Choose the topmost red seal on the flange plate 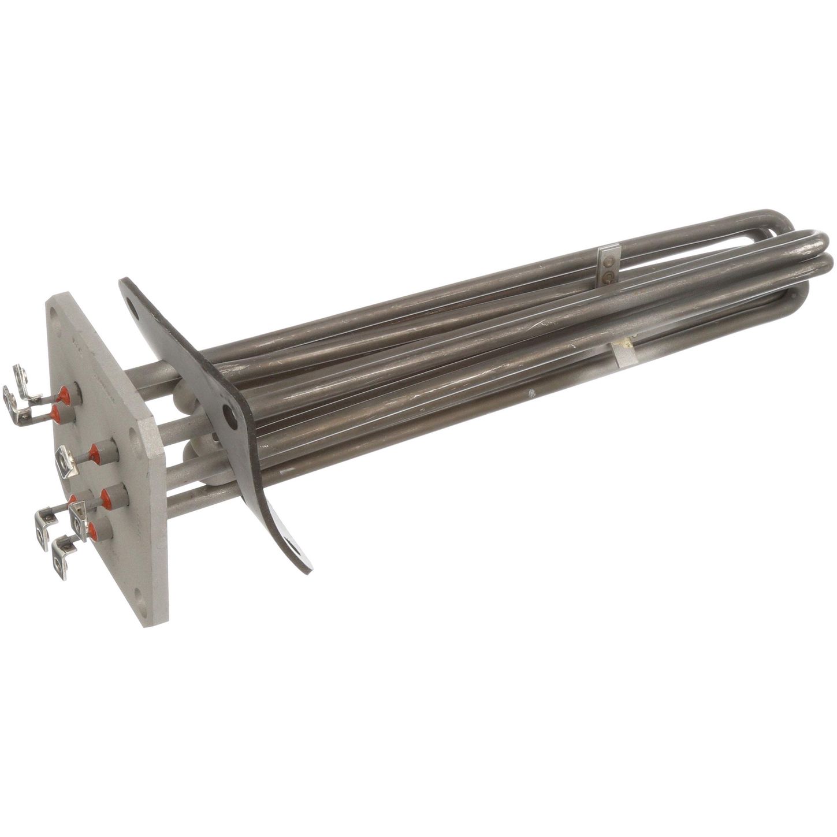point(68,395)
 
